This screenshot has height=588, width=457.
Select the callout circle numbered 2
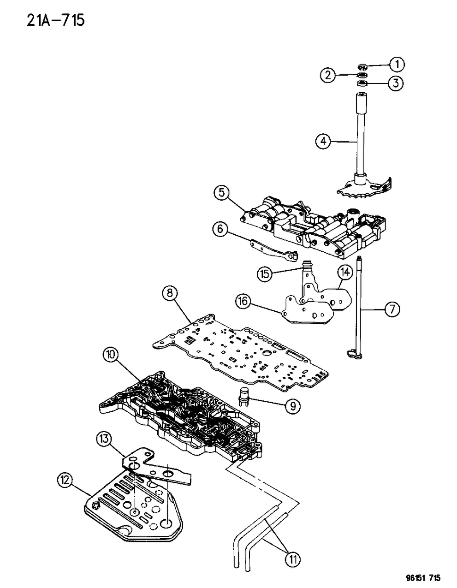pyautogui.click(x=328, y=75)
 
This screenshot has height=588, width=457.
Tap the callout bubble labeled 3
pyautogui.click(x=396, y=83)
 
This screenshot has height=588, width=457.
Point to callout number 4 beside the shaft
pyautogui.click(x=323, y=141)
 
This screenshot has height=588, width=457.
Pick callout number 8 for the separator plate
pyautogui.click(x=169, y=293)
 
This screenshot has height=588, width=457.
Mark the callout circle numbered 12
pyautogui.click(x=65, y=480)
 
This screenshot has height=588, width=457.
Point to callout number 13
pyautogui.click(x=105, y=439)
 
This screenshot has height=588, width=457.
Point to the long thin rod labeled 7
pyautogui.click(x=358, y=304)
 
